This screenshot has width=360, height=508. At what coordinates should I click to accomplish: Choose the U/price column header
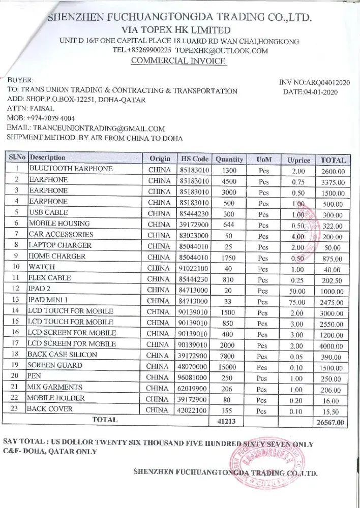pyautogui.click(x=298, y=160)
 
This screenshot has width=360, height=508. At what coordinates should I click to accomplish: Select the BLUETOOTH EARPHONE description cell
pyautogui.click(x=71, y=169)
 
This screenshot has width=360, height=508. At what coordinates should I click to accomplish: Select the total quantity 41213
pyautogui.click(x=227, y=421)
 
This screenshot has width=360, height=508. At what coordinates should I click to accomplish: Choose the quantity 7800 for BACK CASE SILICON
pyautogui.click(x=227, y=355)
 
